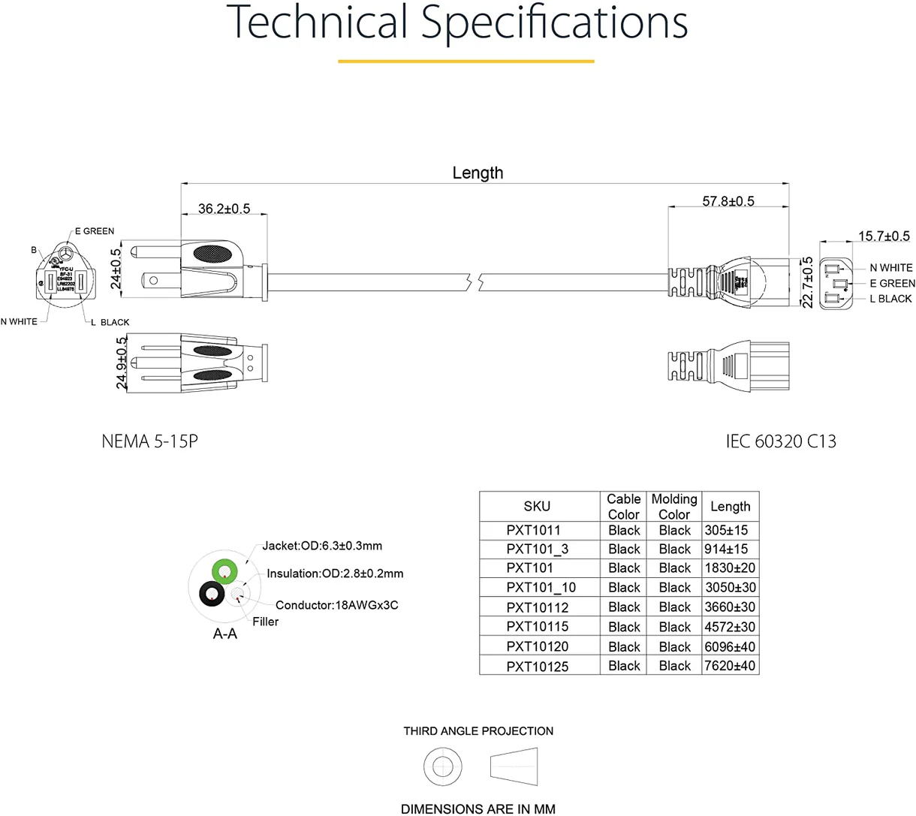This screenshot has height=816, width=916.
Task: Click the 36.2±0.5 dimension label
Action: pyautogui.click(x=224, y=209)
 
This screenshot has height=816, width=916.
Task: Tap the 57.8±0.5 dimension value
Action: pyautogui.click(x=728, y=201)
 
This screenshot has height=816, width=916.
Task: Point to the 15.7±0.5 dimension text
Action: pyautogui.click(x=884, y=236)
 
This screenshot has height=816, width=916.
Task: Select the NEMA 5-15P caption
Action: pyautogui.click(x=149, y=441)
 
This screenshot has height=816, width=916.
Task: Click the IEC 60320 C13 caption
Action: pyautogui.click(x=780, y=441)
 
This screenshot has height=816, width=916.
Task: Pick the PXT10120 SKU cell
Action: pyautogui.click(x=537, y=646)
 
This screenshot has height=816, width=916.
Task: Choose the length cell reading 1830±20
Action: pyautogui.click(x=730, y=568)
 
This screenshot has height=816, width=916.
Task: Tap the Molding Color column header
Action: pyautogui.click(x=673, y=507)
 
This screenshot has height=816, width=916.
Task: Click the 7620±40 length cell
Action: pyautogui.click(x=730, y=666)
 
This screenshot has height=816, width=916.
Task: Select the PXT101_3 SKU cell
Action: pyautogui.click(x=537, y=550)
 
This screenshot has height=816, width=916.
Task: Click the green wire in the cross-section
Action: pyautogui.click(x=224, y=571)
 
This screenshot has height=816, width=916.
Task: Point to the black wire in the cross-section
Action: pyautogui.click(x=212, y=595)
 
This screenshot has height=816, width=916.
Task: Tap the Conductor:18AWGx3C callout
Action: pyautogui.click(x=336, y=605)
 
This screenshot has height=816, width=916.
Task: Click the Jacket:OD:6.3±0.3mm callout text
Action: pyautogui.click(x=322, y=546)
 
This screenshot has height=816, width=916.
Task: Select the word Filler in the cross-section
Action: pyautogui.click(x=265, y=622)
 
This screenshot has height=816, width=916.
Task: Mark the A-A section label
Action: pyautogui.click(x=224, y=634)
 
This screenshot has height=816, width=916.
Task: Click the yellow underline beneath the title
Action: pyautogui.click(x=466, y=61)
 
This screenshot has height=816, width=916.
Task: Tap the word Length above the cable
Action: pyautogui.click(x=478, y=173)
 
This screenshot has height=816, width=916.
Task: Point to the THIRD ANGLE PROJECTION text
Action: pyautogui.click(x=478, y=731)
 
